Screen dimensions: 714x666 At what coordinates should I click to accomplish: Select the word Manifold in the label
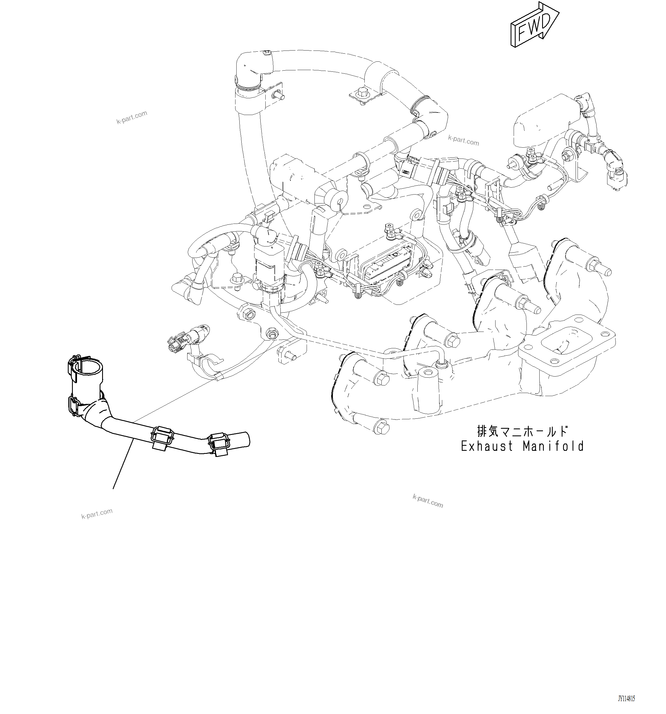[553, 446]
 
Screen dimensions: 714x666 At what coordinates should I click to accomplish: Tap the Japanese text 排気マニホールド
[522, 431]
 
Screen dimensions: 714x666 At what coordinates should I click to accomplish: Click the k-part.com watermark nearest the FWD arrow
[463, 140]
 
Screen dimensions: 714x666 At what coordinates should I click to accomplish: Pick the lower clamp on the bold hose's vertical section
[75, 406]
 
